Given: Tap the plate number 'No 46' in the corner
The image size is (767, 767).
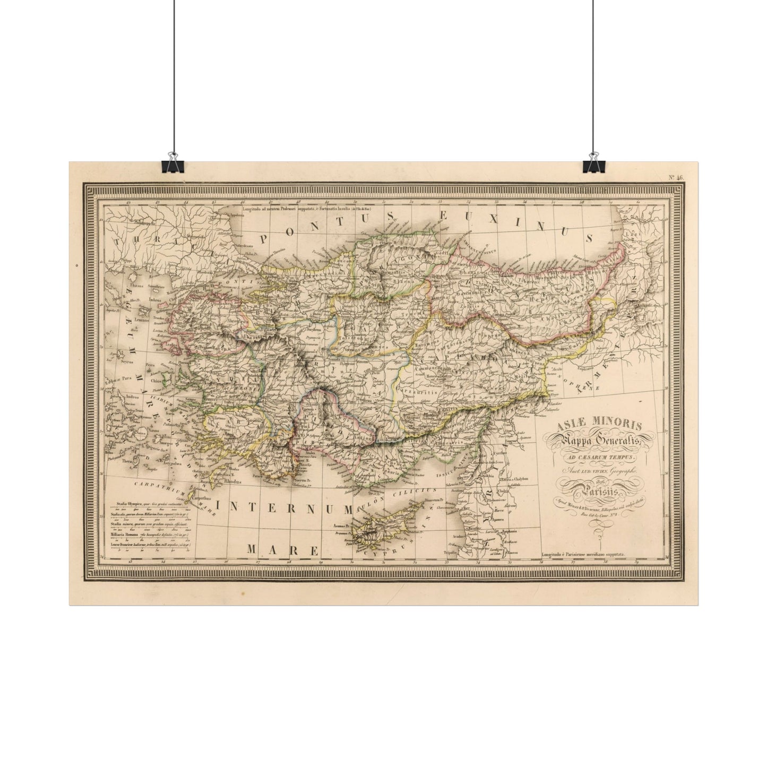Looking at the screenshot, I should tap(676, 178).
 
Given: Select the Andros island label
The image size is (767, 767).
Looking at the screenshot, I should tap(132, 397).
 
